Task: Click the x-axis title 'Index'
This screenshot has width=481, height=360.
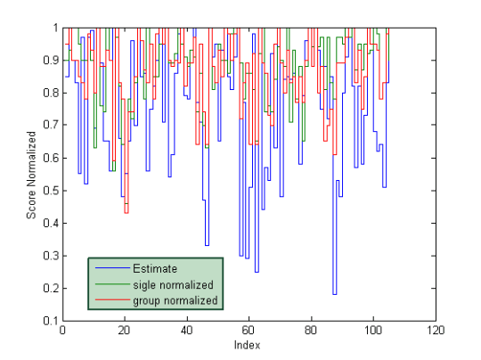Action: (247, 345)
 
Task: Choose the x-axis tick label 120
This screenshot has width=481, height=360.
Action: (434, 331)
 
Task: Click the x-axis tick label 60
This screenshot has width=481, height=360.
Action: (249, 331)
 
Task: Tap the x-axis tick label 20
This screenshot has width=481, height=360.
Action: (124, 331)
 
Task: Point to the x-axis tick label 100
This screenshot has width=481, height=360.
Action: (371, 331)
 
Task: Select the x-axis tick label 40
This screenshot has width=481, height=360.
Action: (186, 331)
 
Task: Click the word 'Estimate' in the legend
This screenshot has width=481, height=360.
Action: (155, 267)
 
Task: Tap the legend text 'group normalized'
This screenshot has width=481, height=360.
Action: (175, 301)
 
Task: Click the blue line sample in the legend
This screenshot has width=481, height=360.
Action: (111, 267)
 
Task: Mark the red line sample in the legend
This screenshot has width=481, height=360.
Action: (111, 301)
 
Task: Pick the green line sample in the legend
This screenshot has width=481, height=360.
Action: (111, 284)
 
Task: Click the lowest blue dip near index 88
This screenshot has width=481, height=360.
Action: (335, 293)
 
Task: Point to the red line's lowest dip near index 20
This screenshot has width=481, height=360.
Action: (126, 212)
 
